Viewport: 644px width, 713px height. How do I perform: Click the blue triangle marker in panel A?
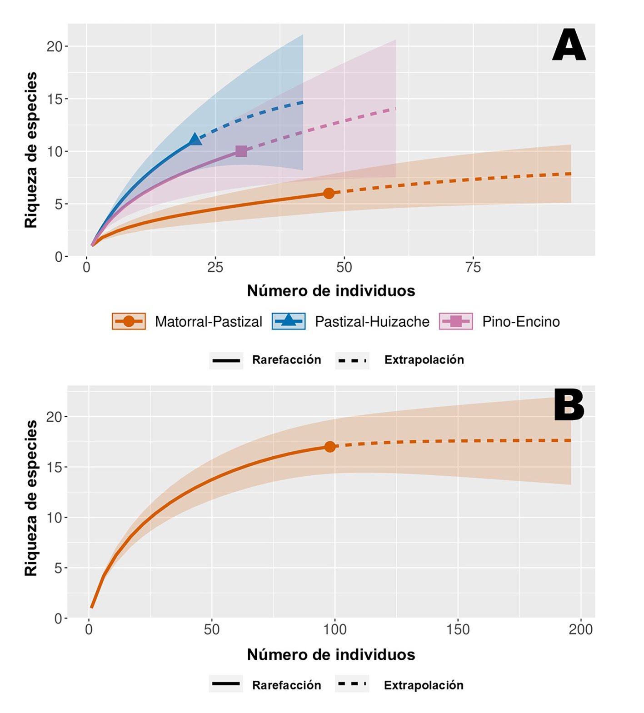tap(195, 139)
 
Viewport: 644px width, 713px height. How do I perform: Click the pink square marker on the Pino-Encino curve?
tap(241, 151)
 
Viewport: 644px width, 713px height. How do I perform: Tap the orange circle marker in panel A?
tap(329, 193)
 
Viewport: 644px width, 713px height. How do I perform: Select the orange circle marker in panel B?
tap(330, 447)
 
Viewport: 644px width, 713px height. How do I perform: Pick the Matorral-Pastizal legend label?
tap(209, 322)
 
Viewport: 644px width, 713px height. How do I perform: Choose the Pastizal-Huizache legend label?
tap(372, 322)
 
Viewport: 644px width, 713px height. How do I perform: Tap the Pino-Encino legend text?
tap(521, 322)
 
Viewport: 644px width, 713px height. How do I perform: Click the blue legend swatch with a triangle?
tap(289, 321)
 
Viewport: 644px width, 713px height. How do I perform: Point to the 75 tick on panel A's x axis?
tap(473, 268)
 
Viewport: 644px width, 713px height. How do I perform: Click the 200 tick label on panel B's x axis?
tap(581, 629)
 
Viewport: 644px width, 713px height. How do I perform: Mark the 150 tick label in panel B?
tap(458, 629)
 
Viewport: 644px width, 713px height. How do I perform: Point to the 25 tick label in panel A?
tap(215, 268)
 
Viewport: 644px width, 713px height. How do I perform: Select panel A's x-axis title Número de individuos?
tap(331, 291)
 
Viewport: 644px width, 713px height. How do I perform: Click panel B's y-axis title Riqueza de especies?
tap(31, 498)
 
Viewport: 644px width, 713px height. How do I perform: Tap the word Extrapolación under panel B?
tap(424, 685)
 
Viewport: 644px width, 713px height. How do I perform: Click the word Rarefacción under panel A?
tap(286, 360)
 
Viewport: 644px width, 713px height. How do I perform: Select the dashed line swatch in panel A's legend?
tap(352, 360)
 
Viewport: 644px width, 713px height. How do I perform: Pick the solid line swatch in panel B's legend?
tap(226, 684)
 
